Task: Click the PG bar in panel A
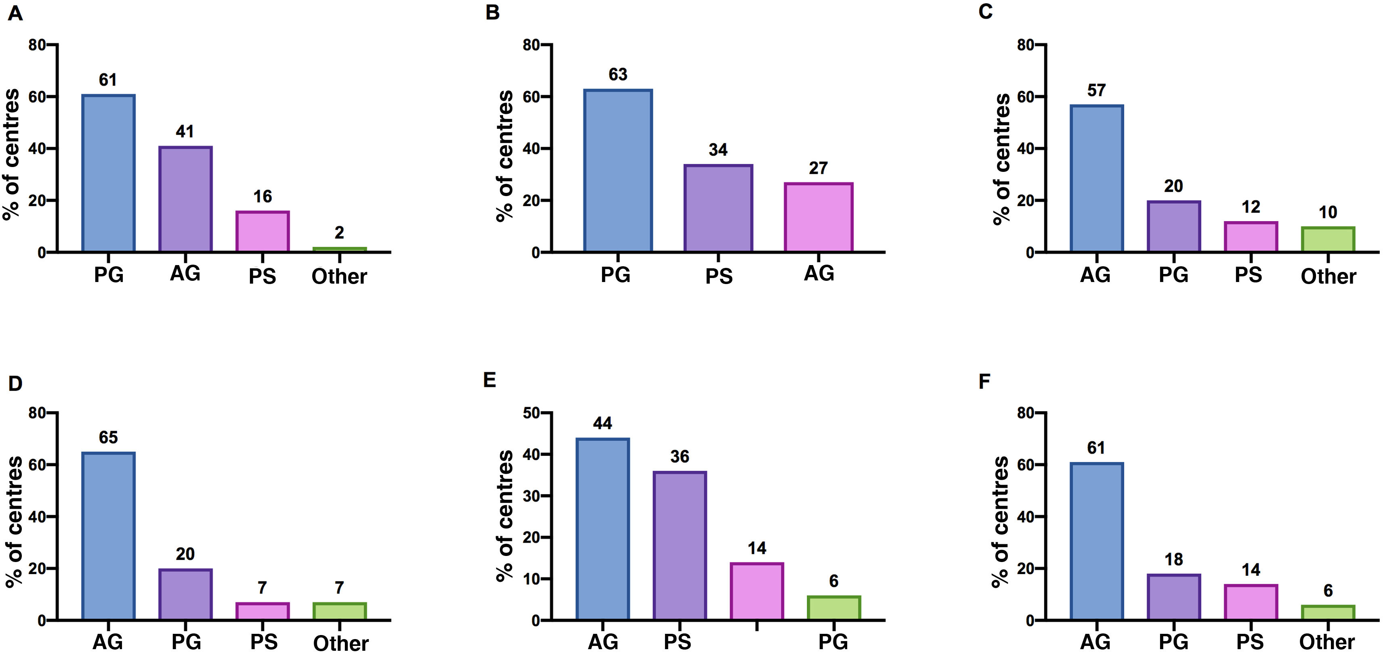109,173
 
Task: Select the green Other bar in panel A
339,249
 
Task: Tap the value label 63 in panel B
618,74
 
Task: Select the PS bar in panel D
262,611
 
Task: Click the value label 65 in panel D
108,437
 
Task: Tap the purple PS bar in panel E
680,545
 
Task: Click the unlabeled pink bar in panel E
756,591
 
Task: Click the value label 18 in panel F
1173,559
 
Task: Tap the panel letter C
985,11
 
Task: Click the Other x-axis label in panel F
1326,641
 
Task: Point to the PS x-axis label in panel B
718,276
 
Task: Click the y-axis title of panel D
15,522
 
